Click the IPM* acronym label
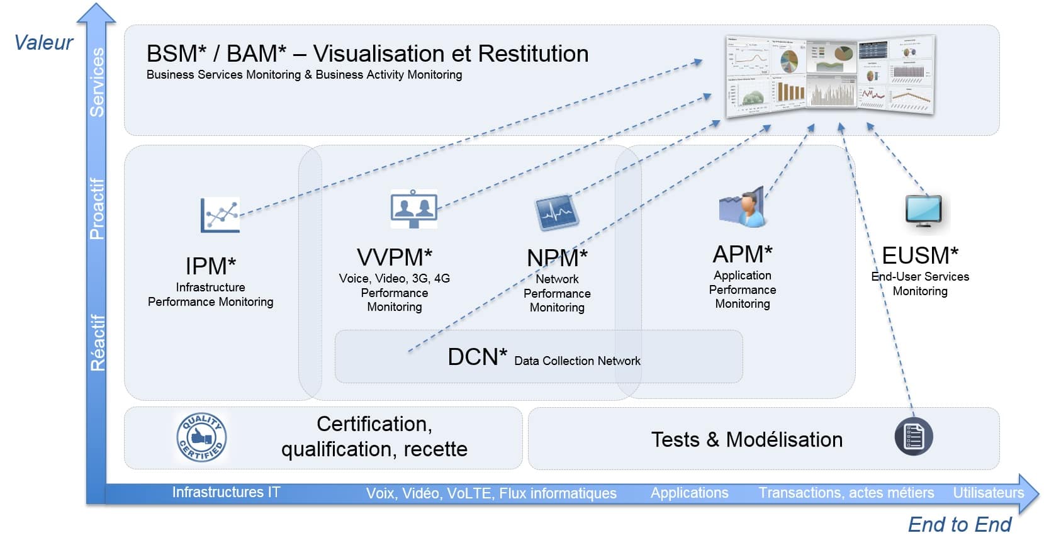tap(210, 266)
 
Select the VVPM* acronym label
tap(395, 257)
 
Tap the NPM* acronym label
tap(557, 258)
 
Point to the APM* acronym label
tap(743, 254)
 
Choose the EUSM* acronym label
tap(920, 255)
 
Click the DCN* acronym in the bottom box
tap(477, 357)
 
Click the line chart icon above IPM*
tap(220, 215)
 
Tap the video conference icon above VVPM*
tap(413, 208)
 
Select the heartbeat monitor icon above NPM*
tap(556, 212)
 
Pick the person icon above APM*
tap(743, 207)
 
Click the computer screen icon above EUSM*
tap(923, 211)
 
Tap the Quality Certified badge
tap(201, 437)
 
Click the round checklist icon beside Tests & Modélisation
tap(913, 437)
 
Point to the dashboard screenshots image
tap(830, 76)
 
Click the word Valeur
tap(43, 43)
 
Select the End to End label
tap(959, 524)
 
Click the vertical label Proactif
tap(96, 208)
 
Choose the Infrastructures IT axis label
tap(226, 492)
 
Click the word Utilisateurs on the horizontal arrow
tap(988, 493)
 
